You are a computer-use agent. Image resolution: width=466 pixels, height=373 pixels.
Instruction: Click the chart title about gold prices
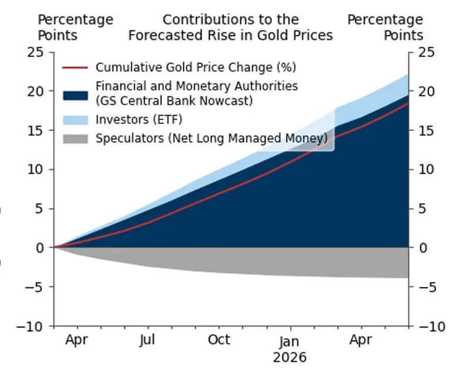click(230, 27)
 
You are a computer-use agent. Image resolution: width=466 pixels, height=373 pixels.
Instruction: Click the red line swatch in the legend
click(75, 67)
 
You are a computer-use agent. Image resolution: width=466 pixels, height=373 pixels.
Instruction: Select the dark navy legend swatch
click(75, 93)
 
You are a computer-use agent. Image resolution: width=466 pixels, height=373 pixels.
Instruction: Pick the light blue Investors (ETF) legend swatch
click(75, 120)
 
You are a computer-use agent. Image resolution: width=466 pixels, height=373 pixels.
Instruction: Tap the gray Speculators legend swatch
click(75, 139)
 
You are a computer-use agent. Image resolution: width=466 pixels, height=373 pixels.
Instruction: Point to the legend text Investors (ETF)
click(139, 120)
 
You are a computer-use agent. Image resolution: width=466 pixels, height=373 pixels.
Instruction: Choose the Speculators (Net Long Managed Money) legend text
click(211, 139)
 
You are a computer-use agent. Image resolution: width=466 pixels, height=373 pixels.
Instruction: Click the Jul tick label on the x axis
click(148, 340)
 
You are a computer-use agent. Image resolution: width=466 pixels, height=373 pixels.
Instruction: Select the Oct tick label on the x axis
click(219, 340)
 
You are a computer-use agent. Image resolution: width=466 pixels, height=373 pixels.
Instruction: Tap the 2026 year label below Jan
click(290, 357)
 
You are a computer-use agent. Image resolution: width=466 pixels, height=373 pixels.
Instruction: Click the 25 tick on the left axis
click(35, 52)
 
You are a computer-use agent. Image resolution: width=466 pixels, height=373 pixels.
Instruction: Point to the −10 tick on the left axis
click(31, 326)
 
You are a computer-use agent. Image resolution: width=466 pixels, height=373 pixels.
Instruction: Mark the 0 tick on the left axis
click(39, 248)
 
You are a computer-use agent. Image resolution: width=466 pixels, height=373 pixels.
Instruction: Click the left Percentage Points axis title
click(75, 27)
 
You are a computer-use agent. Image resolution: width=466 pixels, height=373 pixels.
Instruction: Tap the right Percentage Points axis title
click(385, 27)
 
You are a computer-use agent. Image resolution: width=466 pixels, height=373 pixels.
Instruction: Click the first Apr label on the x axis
click(77, 340)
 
